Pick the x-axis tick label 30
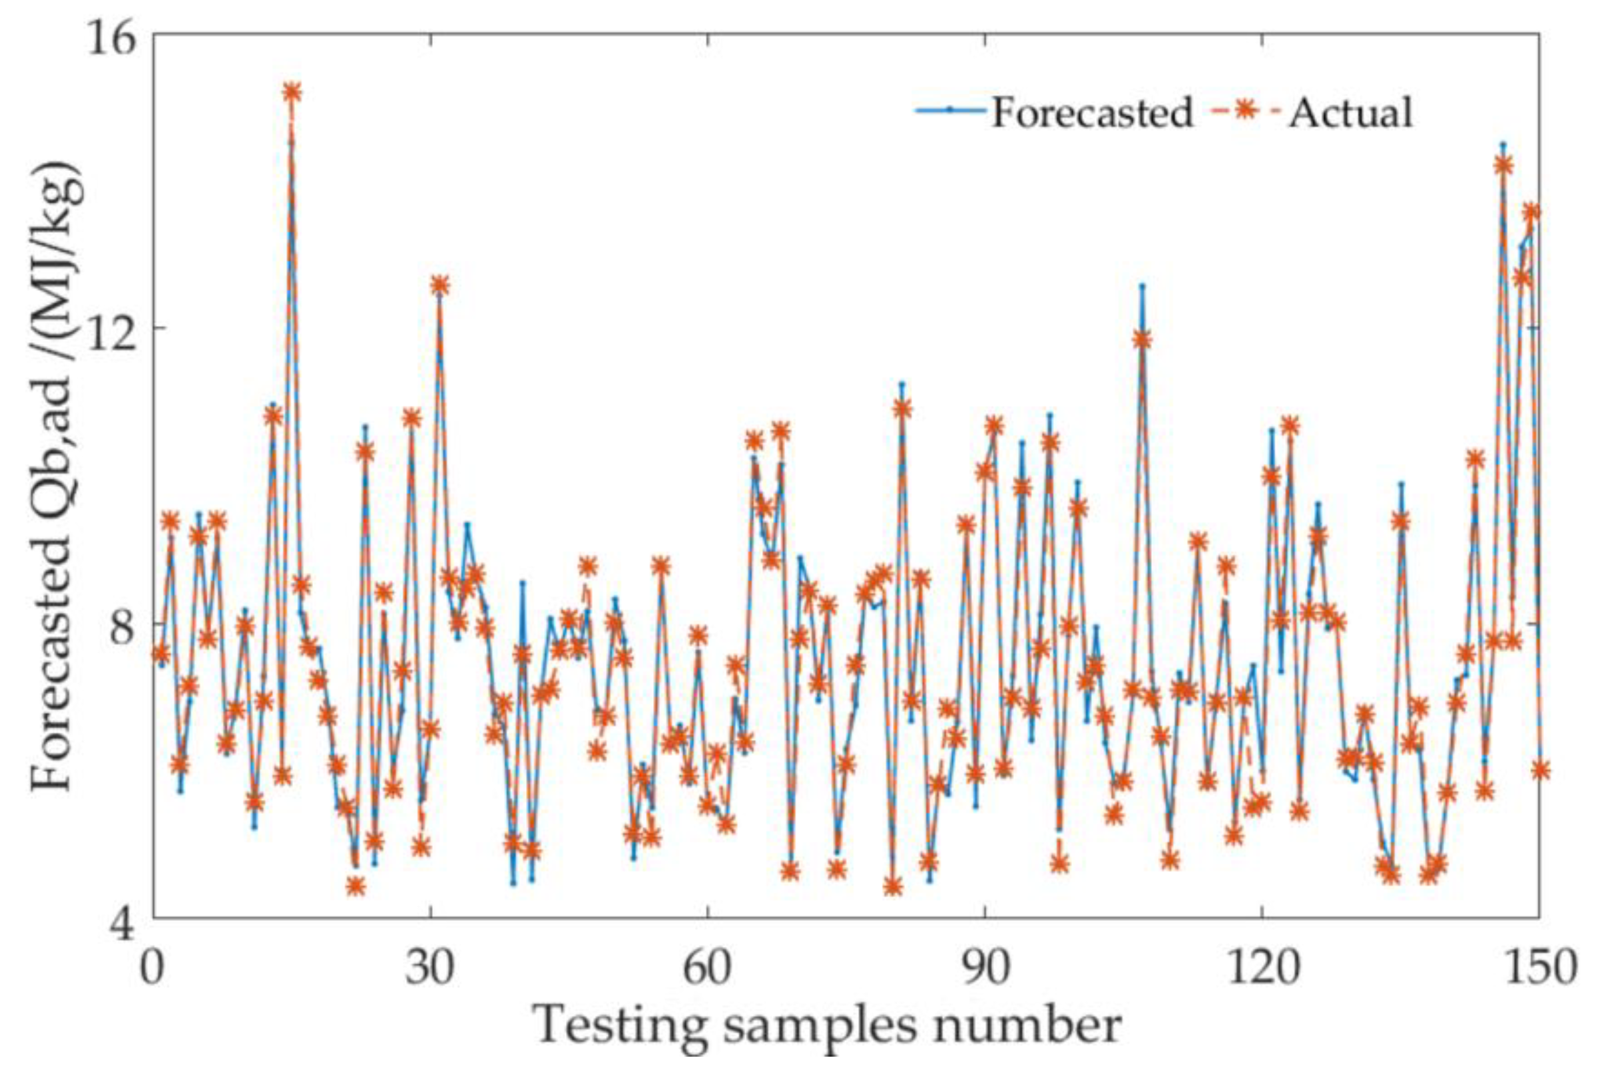click(430, 967)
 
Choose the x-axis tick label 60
click(708, 967)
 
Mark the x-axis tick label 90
click(985, 967)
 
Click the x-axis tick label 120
click(1262, 967)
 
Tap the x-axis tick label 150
click(1539, 967)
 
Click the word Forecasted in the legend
click(1092, 112)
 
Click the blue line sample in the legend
click(949, 110)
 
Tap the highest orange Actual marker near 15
click(292, 92)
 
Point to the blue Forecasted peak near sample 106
click(1143, 285)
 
